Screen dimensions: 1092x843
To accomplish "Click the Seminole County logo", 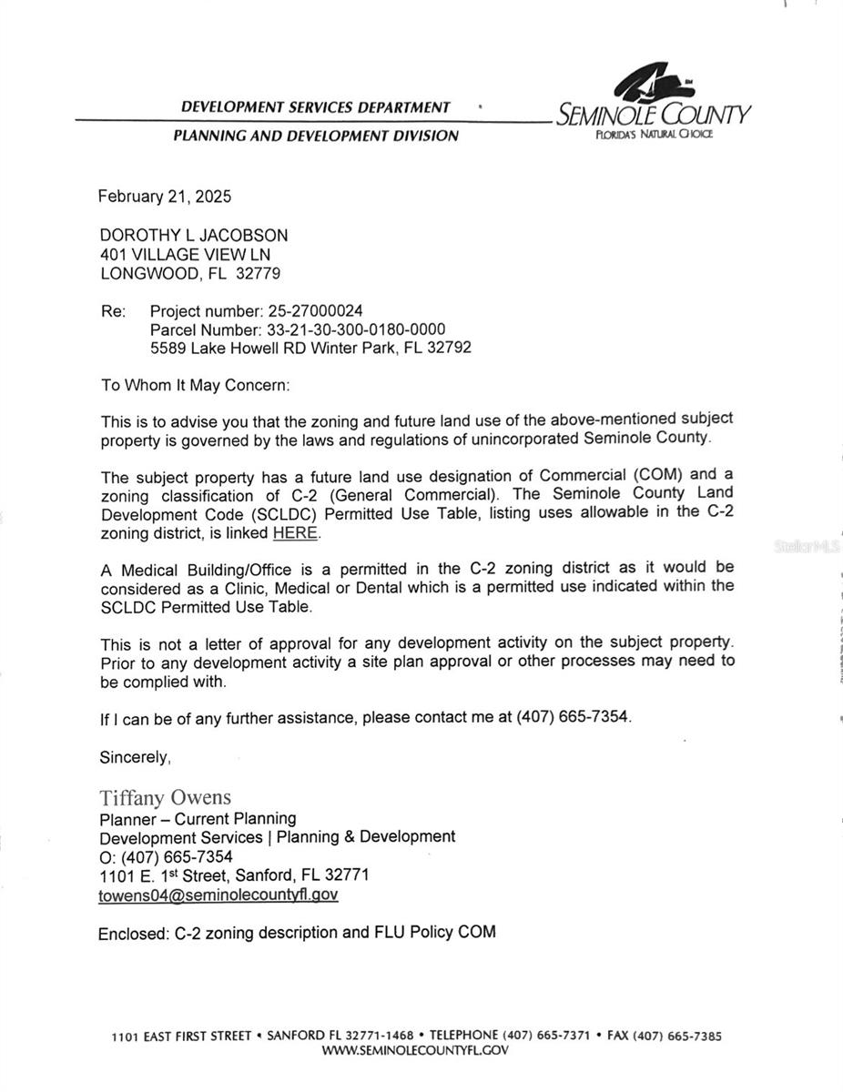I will point(653,102).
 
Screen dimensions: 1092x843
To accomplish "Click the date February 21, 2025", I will point(165,196).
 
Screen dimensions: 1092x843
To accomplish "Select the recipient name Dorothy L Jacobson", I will point(193,235).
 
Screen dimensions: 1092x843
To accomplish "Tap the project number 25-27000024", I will point(315,311).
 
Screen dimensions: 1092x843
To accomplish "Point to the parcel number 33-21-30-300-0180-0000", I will point(356,329).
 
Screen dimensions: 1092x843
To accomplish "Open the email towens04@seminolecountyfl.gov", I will point(218,895).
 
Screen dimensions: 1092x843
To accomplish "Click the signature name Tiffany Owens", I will point(165,798).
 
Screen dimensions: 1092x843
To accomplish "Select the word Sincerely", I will point(135,757).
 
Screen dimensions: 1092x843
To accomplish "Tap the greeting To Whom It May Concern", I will point(195,385).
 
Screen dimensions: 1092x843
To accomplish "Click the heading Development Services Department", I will point(315,107).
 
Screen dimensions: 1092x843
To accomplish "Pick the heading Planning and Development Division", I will point(315,136).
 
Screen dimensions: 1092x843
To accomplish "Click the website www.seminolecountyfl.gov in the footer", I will point(415,1050).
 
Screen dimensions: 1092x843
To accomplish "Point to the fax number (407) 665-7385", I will point(677,1036).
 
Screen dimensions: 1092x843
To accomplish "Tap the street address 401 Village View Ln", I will point(185,255).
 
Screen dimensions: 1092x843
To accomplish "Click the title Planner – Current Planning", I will point(198,819).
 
